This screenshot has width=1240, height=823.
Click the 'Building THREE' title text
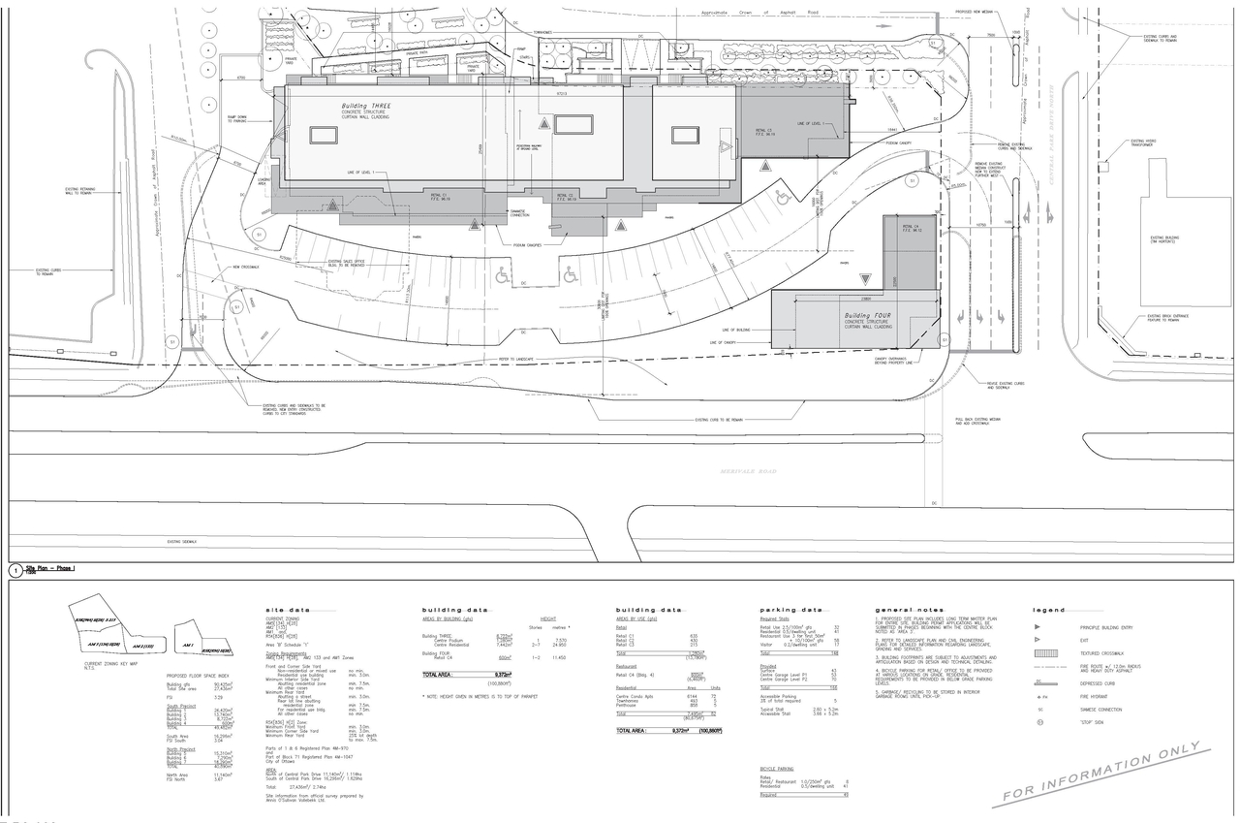click(x=364, y=107)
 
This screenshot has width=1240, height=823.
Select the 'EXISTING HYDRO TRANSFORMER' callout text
click(x=1144, y=144)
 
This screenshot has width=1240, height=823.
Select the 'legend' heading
click(x=1048, y=610)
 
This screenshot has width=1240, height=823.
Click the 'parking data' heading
click(x=790, y=610)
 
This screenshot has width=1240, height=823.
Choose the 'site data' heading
click(x=287, y=610)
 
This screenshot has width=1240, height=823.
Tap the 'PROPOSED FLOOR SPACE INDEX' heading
click(x=197, y=676)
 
